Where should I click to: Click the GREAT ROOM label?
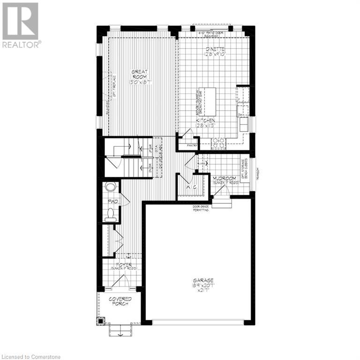pos(140,78)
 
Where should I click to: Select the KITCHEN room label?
pos(207,123)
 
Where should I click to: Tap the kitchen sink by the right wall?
pos(244,124)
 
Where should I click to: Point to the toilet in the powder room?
pos(111,215)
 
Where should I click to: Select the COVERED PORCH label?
pos(120,301)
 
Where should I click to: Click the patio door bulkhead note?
pos(214,34)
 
